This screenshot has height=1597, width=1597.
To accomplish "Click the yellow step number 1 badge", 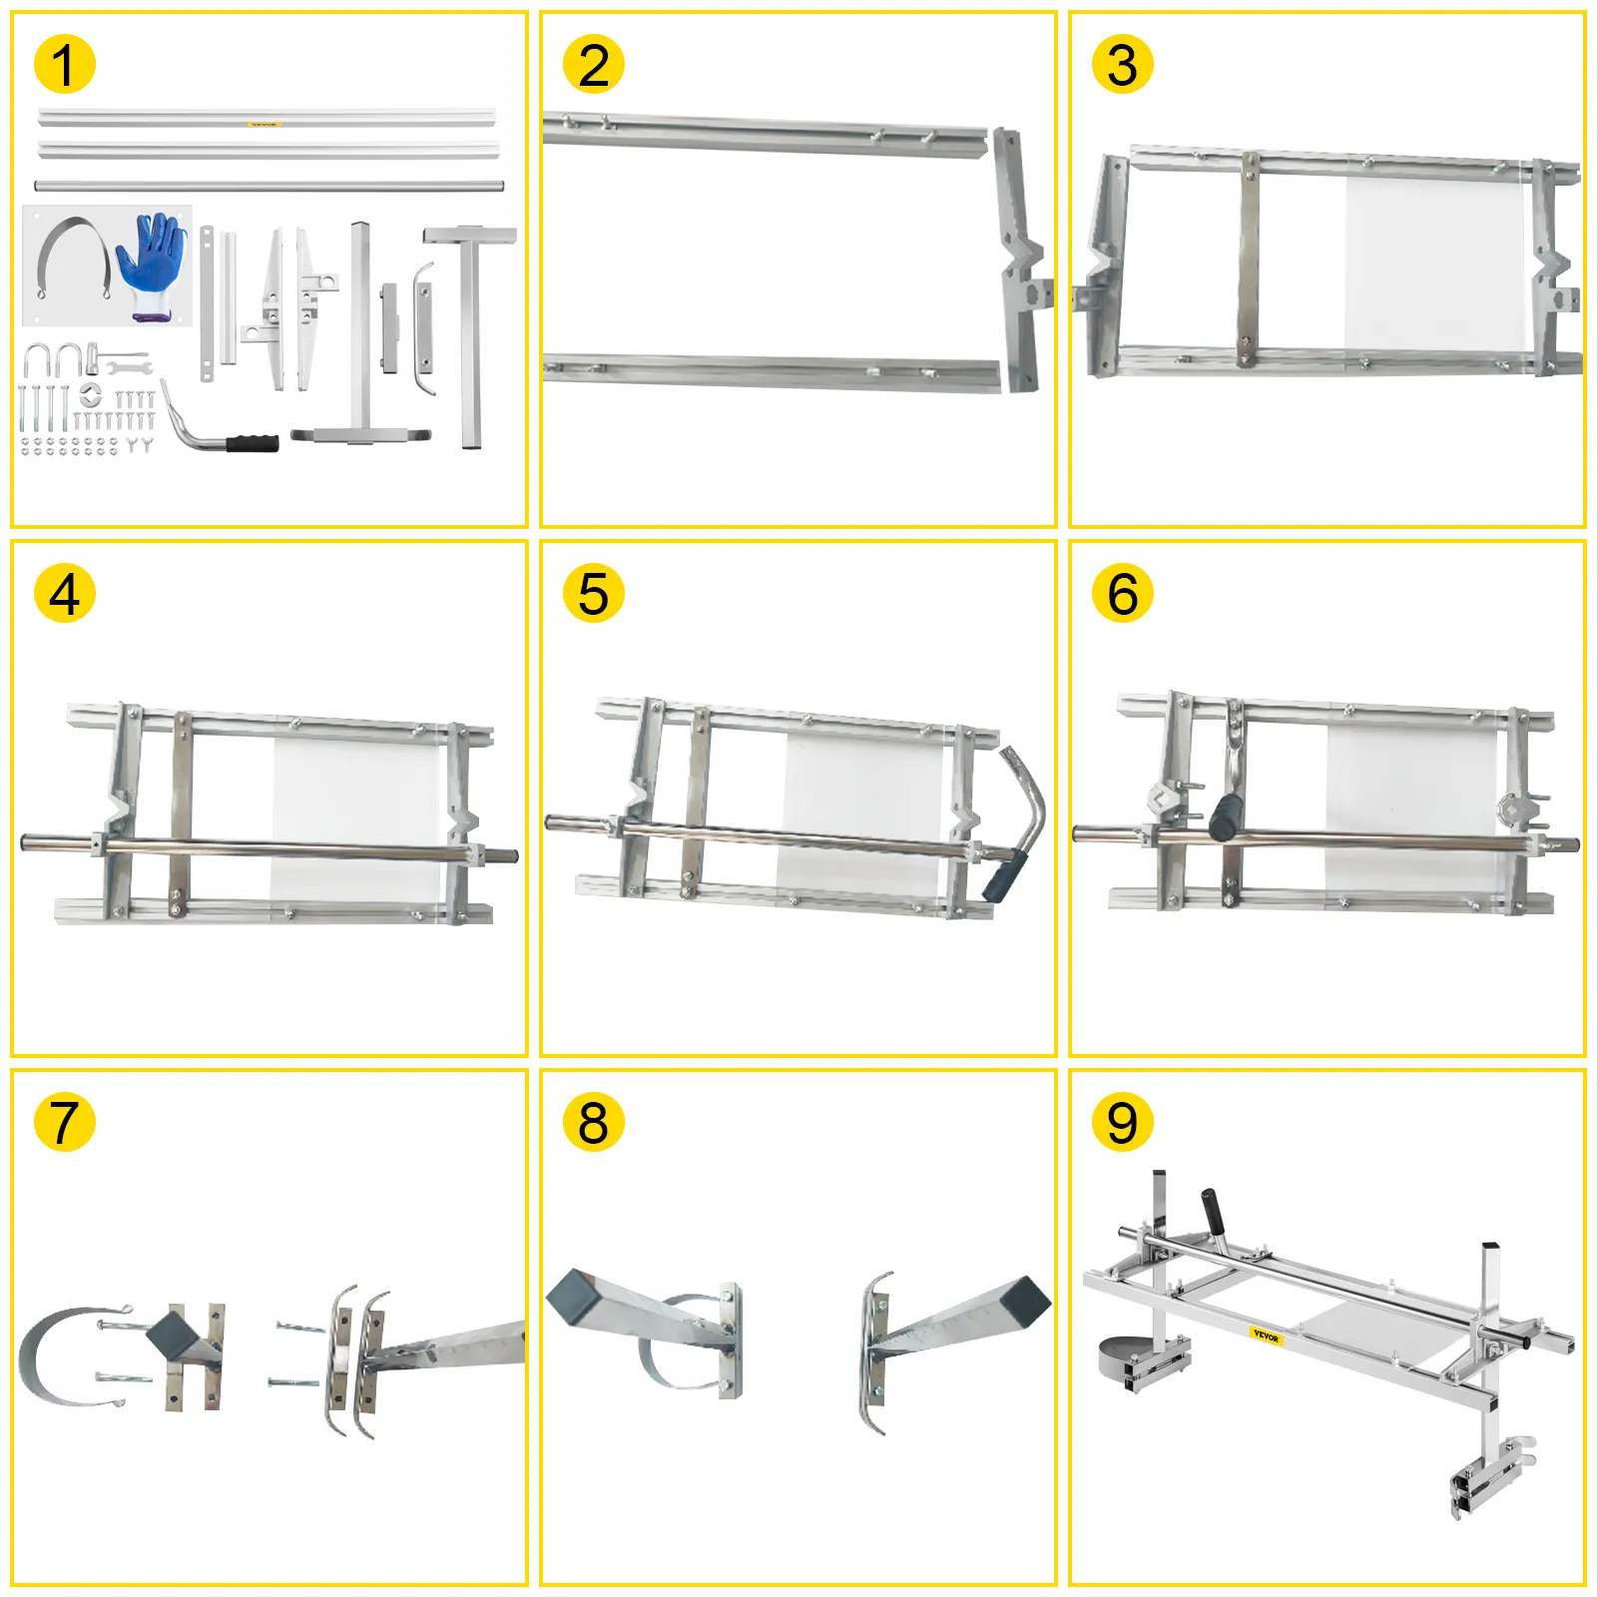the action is [64, 65].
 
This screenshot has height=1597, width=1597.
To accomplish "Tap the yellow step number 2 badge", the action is [593, 65].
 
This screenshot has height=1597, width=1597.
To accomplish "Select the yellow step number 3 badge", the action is [1122, 65].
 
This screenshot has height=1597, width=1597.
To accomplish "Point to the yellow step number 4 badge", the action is [64, 594].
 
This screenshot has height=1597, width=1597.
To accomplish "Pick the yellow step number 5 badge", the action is [593, 594].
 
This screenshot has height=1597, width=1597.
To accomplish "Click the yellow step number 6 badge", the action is [1122, 594].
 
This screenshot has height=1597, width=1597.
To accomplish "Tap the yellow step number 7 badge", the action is [64, 1122].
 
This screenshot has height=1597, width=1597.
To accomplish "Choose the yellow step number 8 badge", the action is [593, 1122].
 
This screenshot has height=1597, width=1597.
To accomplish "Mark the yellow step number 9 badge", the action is [1122, 1122].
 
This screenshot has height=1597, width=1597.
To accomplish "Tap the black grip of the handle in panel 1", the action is [252, 442].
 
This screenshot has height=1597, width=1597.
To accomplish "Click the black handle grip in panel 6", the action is [1225, 816].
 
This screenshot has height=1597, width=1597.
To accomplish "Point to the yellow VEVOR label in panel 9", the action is [1265, 1335].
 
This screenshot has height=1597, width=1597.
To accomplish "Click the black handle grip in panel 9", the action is [1214, 1210].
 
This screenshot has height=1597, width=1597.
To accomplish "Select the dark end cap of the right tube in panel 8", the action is [1025, 1301].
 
